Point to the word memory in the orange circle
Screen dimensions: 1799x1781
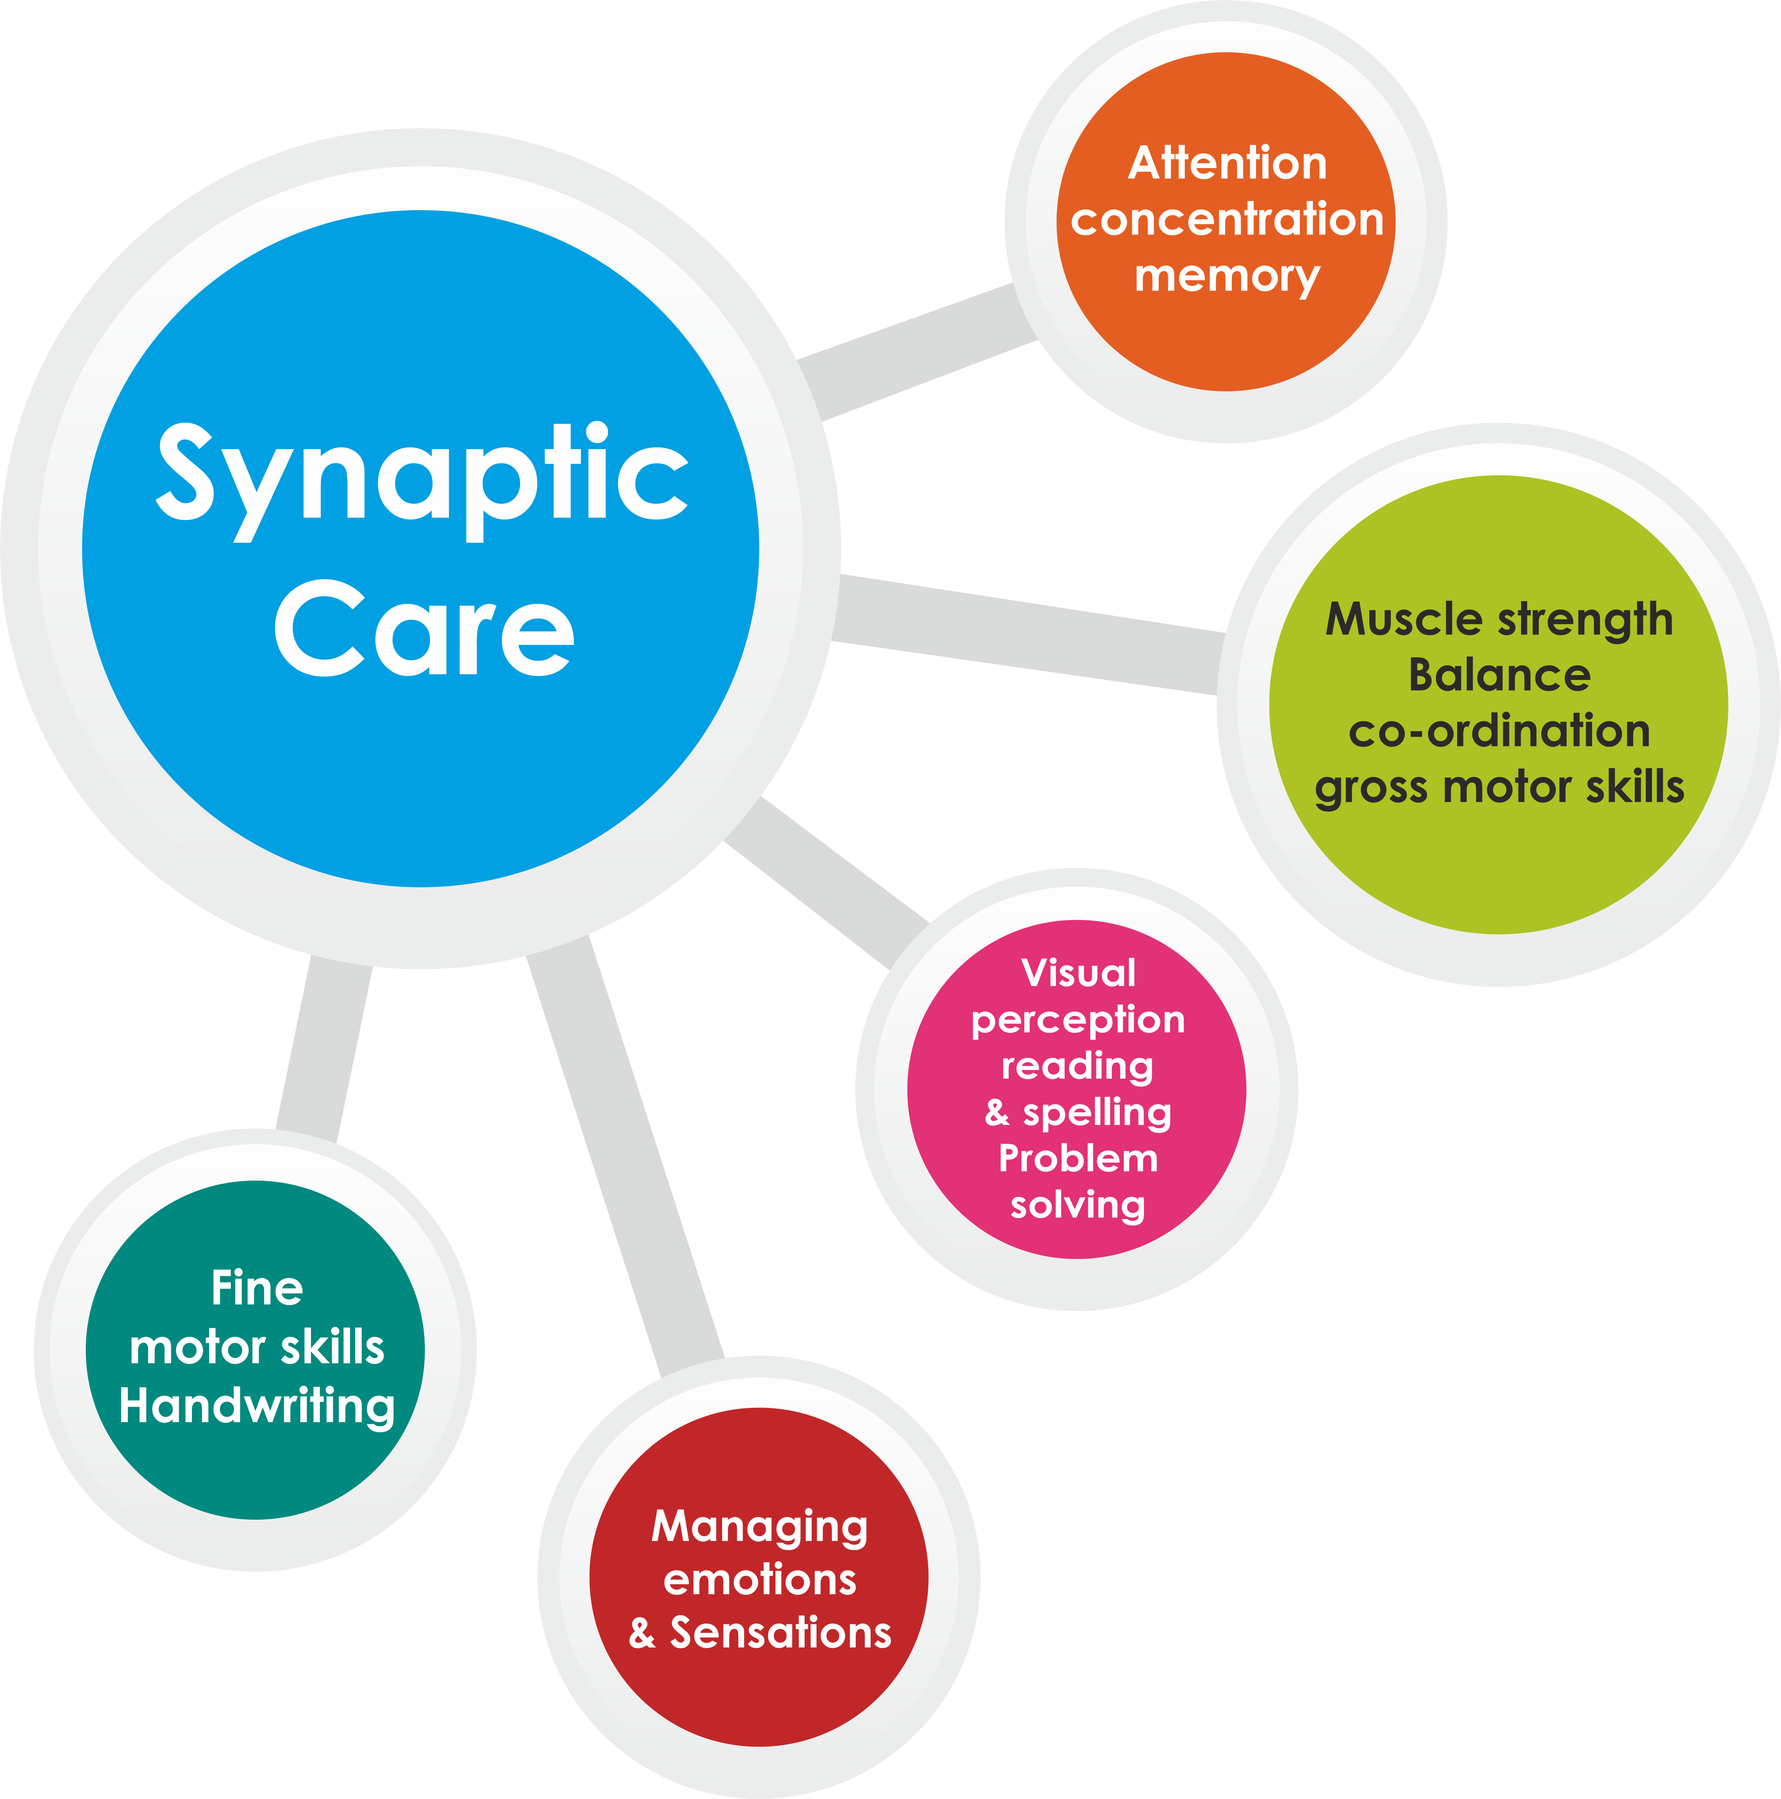point(1227,277)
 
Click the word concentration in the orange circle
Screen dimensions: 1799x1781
point(1227,220)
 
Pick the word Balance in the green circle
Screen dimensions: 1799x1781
point(1499,675)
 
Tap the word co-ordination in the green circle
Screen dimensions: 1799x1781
point(1499,731)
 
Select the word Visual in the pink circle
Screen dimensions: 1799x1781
point(1078,973)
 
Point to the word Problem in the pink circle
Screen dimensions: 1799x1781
point(1078,1158)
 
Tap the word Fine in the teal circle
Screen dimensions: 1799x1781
point(257,1289)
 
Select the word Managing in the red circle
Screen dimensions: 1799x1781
point(760,1527)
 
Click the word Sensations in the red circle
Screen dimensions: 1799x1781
point(780,1633)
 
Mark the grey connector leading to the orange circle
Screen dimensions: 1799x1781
point(917,352)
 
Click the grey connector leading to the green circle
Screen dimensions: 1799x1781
point(1024,633)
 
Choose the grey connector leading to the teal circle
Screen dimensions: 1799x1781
point(324,1048)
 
